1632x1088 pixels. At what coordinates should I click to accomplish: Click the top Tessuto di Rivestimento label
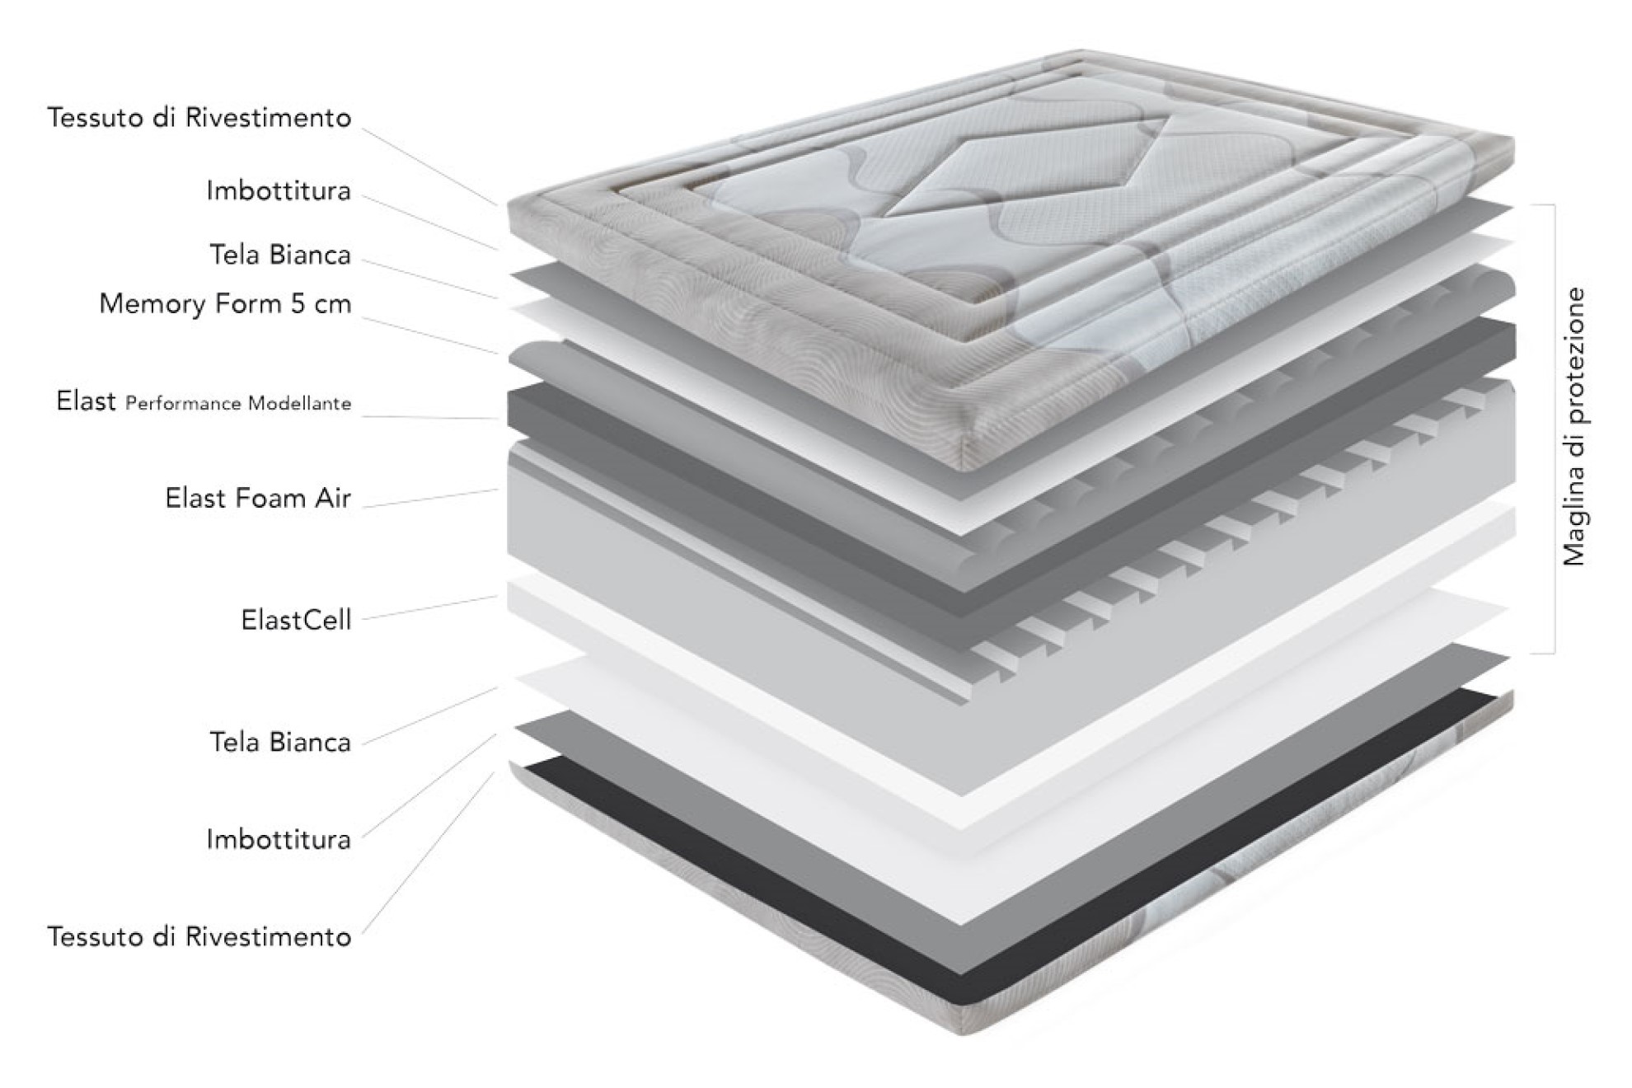[199, 118]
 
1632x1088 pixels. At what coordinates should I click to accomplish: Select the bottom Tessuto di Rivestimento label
[199, 937]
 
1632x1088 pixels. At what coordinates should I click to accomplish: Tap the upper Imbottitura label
[279, 191]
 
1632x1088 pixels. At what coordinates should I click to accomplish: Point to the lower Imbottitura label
[279, 840]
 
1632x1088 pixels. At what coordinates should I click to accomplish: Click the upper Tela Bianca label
[280, 255]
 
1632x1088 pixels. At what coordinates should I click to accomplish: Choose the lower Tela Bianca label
[280, 743]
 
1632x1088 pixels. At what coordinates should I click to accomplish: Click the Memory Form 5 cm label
[225, 304]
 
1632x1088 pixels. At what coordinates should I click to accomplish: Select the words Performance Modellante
[238, 404]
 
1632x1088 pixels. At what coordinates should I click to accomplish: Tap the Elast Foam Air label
[258, 499]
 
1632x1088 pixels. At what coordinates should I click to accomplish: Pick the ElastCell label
[296, 620]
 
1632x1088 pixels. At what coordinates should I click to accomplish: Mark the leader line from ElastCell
[429, 607]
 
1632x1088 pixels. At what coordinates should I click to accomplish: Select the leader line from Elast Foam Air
[429, 498]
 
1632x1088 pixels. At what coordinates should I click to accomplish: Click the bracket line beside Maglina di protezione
[1554, 429]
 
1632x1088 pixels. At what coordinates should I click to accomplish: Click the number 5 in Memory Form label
[298, 304]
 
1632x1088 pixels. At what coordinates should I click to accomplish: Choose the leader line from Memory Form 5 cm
[429, 335]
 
